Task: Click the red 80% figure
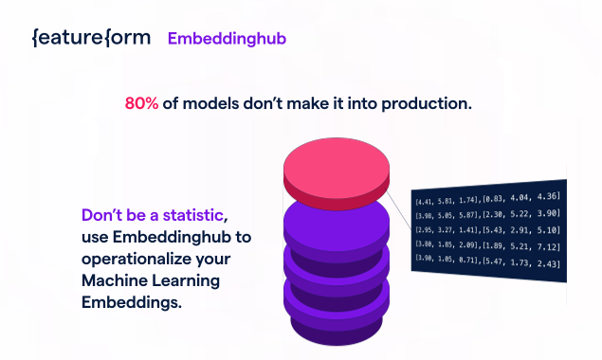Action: point(141,103)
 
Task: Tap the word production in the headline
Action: point(427,104)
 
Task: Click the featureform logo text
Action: point(91,38)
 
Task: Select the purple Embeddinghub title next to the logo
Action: point(227,39)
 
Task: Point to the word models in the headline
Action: point(210,103)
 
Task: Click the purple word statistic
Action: point(192,215)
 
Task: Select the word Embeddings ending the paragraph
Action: point(132,303)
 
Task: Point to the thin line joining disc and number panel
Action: point(399,210)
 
